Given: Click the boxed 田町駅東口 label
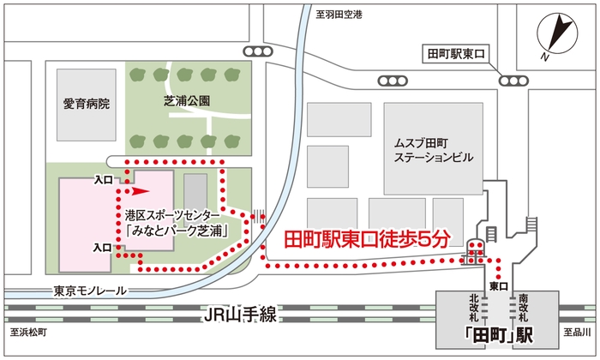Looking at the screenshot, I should pyautogui.click(x=457, y=54).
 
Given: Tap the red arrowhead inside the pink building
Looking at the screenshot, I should pyautogui.click(x=139, y=191).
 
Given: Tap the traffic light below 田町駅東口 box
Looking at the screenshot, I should pyautogui.click(x=513, y=80).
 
